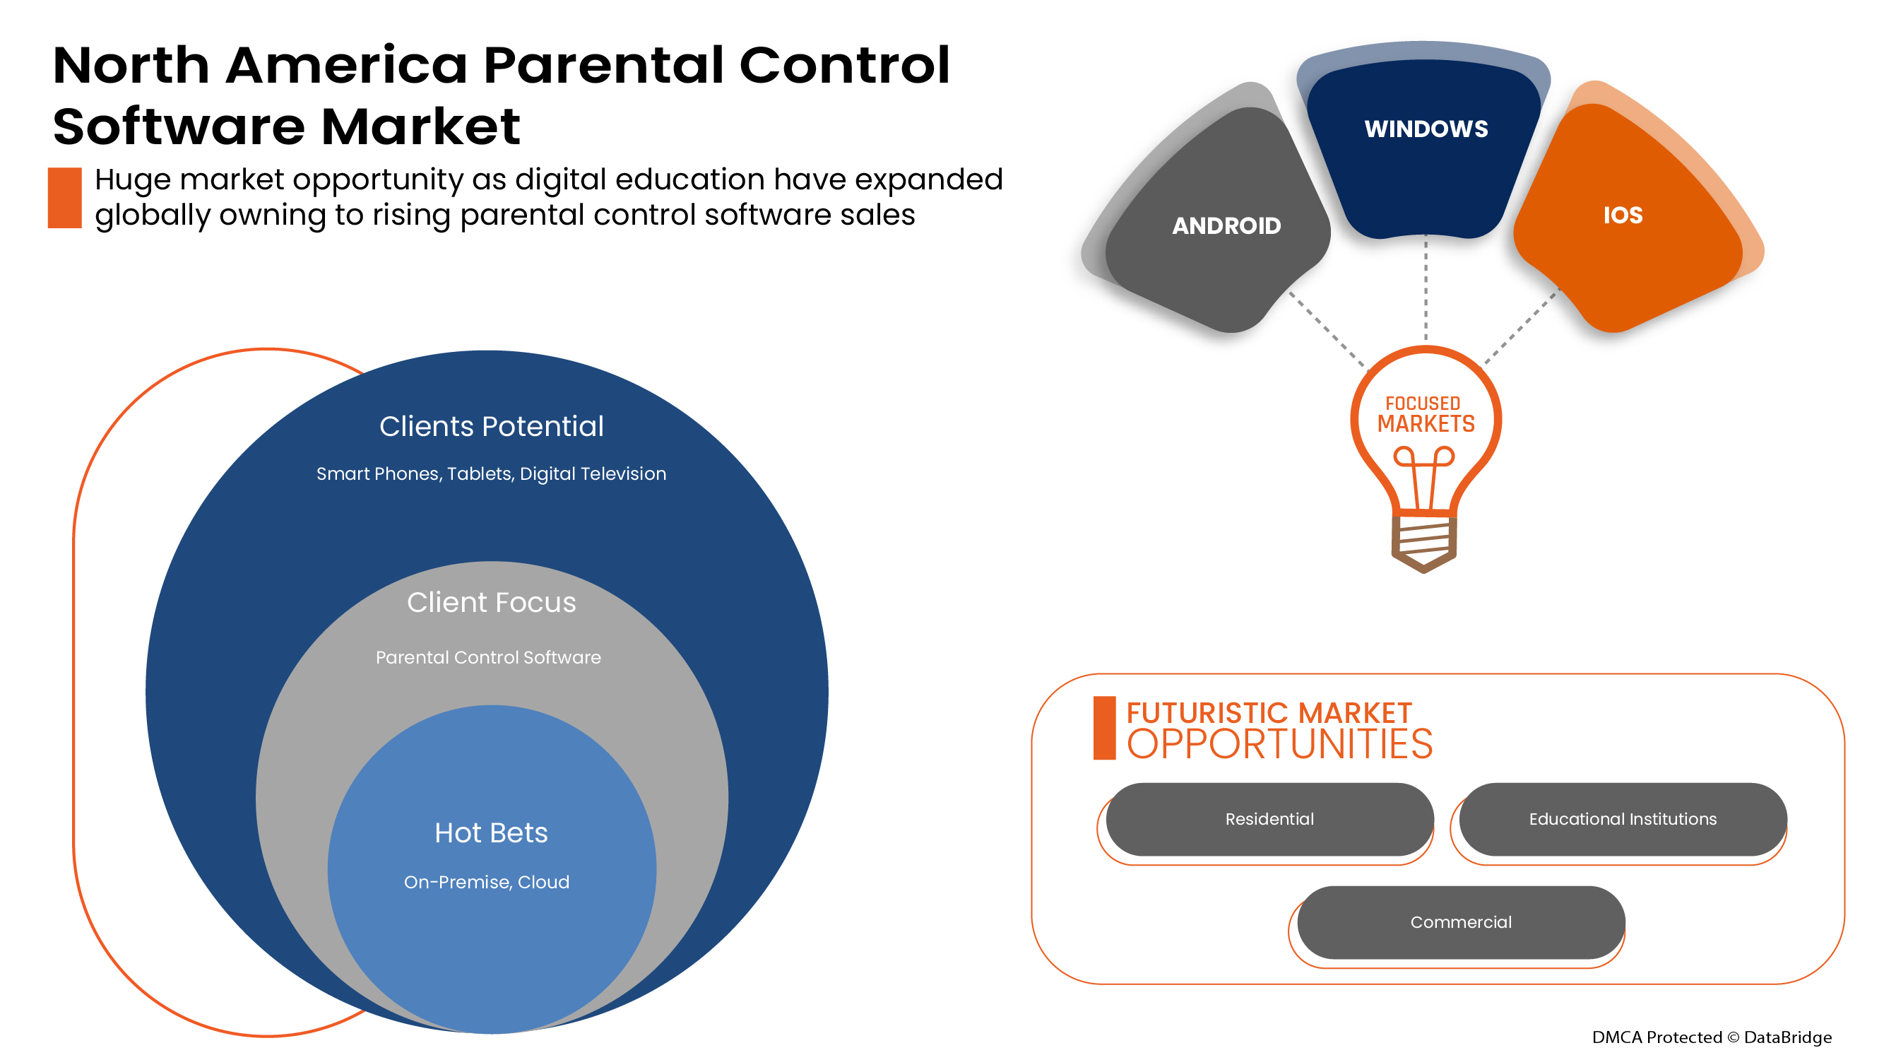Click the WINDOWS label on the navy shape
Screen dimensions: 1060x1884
[x=1426, y=129]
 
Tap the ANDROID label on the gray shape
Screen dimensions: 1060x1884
[x=1226, y=225]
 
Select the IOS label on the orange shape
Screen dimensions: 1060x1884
[x=1622, y=215]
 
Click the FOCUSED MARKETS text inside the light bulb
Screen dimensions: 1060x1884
[x=1426, y=415]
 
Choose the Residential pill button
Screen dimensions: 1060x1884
[x=1269, y=818]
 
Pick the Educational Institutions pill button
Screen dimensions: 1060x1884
[x=1622, y=818]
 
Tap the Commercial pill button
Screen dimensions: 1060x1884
[x=1461, y=921]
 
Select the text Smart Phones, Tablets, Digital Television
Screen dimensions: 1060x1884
[x=491, y=473]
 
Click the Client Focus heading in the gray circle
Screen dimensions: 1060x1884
[x=491, y=602]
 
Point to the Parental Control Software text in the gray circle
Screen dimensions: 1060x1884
[x=488, y=657]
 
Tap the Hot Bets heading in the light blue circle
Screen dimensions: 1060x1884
[x=491, y=832]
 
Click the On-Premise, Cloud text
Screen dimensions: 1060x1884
[x=486, y=881]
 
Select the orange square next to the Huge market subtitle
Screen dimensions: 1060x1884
[x=64, y=198]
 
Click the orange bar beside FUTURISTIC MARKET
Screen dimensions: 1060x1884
[x=1103, y=728]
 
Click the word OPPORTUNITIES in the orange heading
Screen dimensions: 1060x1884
[x=1279, y=745]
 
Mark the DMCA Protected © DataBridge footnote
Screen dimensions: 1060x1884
[x=1712, y=1037]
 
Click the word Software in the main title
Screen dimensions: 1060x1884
[x=178, y=126]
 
